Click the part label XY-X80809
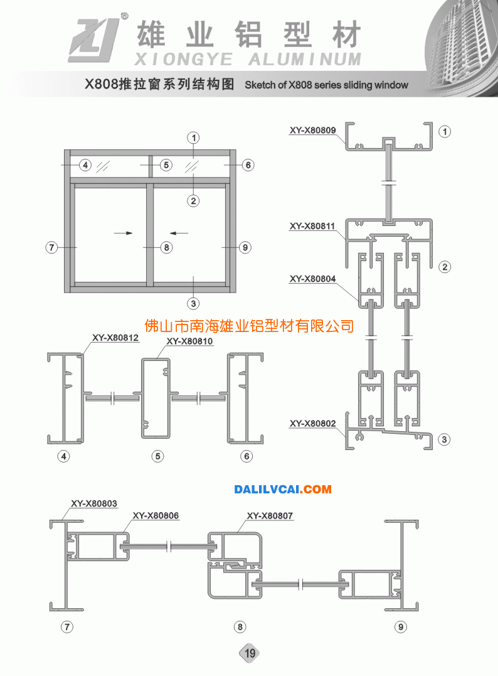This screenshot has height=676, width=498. [312, 130]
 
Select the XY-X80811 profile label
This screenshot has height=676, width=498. [312, 226]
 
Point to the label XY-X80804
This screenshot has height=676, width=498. [312, 279]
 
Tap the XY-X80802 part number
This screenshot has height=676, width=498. [312, 423]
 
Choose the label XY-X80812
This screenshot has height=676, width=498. [115, 338]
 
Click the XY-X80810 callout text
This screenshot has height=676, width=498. [189, 341]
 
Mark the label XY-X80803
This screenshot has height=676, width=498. [94, 503]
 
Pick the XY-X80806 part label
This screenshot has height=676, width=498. [156, 515]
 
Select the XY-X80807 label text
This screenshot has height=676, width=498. [270, 515]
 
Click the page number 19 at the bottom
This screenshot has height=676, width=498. [250, 653]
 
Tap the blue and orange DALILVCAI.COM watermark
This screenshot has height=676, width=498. [283, 490]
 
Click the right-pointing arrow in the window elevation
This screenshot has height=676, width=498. [123, 233]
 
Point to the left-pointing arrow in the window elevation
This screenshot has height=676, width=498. [179, 233]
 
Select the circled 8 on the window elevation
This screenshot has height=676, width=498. [166, 247]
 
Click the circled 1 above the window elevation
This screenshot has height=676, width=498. [193, 138]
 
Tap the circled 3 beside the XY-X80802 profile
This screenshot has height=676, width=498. [444, 439]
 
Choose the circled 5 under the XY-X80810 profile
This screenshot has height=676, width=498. [157, 456]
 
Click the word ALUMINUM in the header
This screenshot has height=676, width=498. [305, 60]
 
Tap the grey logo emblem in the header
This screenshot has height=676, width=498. [93, 40]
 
